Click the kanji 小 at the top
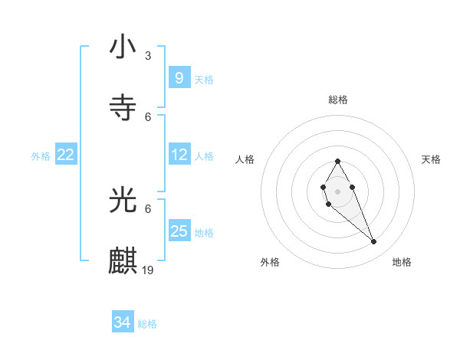click(x=123, y=47)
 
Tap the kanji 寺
click(x=123, y=107)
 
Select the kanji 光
click(x=123, y=200)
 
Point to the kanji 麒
click(x=123, y=260)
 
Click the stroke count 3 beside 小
click(x=148, y=56)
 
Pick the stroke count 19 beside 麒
click(x=149, y=270)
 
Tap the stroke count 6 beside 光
click(x=148, y=208)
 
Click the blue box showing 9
click(x=179, y=78)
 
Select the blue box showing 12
click(x=179, y=155)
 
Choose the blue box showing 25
click(x=179, y=231)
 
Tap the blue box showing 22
click(x=66, y=155)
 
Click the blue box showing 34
click(x=122, y=323)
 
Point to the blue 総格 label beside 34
click(x=147, y=324)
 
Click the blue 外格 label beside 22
click(x=41, y=156)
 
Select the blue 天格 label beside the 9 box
click(x=204, y=79)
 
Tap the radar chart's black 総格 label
click(x=337, y=100)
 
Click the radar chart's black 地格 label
click(x=402, y=262)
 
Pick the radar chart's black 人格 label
click(x=245, y=159)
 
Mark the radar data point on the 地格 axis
click(x=374, y=241)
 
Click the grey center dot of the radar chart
click(x=337, y=190)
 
